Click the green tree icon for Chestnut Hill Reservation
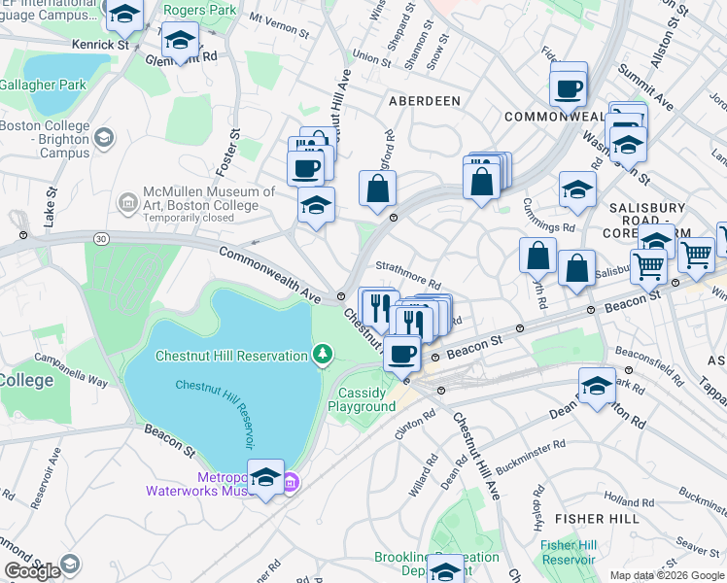(x=322, y=356)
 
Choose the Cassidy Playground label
(x=366, y=399)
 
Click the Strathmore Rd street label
(x=409, y=276)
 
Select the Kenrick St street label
(x=100, y=46)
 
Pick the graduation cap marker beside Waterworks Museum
(x=266, y=478)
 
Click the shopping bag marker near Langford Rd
(x=377, y=189)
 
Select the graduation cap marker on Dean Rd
(x=597, y=385)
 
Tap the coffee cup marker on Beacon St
(x=401, y=354)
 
